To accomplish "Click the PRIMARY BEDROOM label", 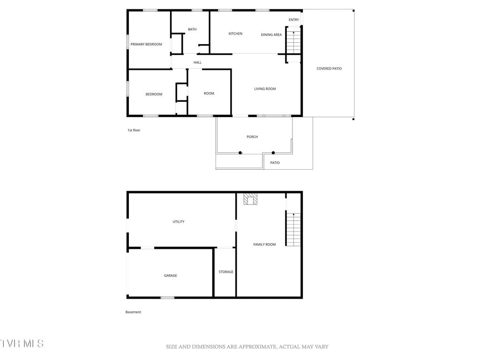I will (146, 45).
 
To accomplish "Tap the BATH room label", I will (192, 30).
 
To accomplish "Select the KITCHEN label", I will (235, 34).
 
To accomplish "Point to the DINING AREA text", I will (271, 35).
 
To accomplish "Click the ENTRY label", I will (294, 20).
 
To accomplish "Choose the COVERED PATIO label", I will (329, 69).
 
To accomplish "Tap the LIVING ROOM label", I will (265, 89).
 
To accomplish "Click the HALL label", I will (198, 62).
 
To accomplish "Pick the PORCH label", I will (252, 137).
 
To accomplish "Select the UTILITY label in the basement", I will (179, 222).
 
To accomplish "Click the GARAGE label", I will (170, 276).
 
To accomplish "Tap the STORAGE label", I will (226, 272).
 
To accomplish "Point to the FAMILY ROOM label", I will (264, 245).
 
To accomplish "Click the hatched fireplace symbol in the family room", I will (250, 200).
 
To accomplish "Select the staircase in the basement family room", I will (293, 229).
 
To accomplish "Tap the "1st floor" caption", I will (134, 130).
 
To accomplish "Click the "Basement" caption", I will (133, 312).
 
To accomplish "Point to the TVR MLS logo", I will (22, 344).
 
